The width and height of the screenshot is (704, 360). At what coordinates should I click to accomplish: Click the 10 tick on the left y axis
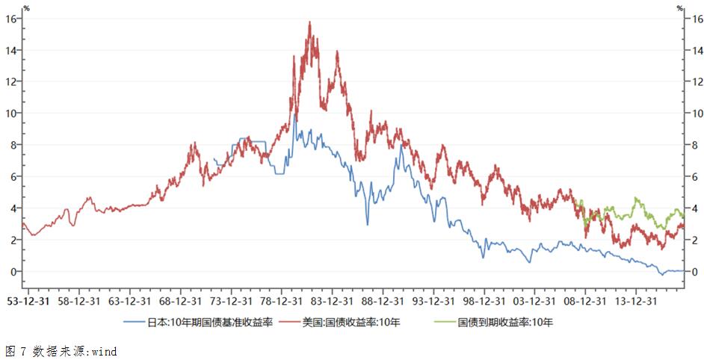pyautogui.click(x=11, y=113)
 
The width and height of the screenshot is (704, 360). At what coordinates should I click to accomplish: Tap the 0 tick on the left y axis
pyautogui.click(x=13, y=272)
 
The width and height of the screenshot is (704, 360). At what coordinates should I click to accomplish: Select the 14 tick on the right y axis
pyautogui.click(x=697, y=50)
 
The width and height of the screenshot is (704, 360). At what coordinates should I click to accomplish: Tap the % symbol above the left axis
pyautogui.click(x=27, y=7)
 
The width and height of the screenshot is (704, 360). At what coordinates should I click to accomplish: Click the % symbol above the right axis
pyautogui.click(x=679, y=7)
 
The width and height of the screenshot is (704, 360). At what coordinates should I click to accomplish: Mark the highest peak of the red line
pyautogui.click(x=309, y=22)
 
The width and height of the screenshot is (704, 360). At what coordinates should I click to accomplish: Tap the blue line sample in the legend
pyautogui.click(x=136, y=323)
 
